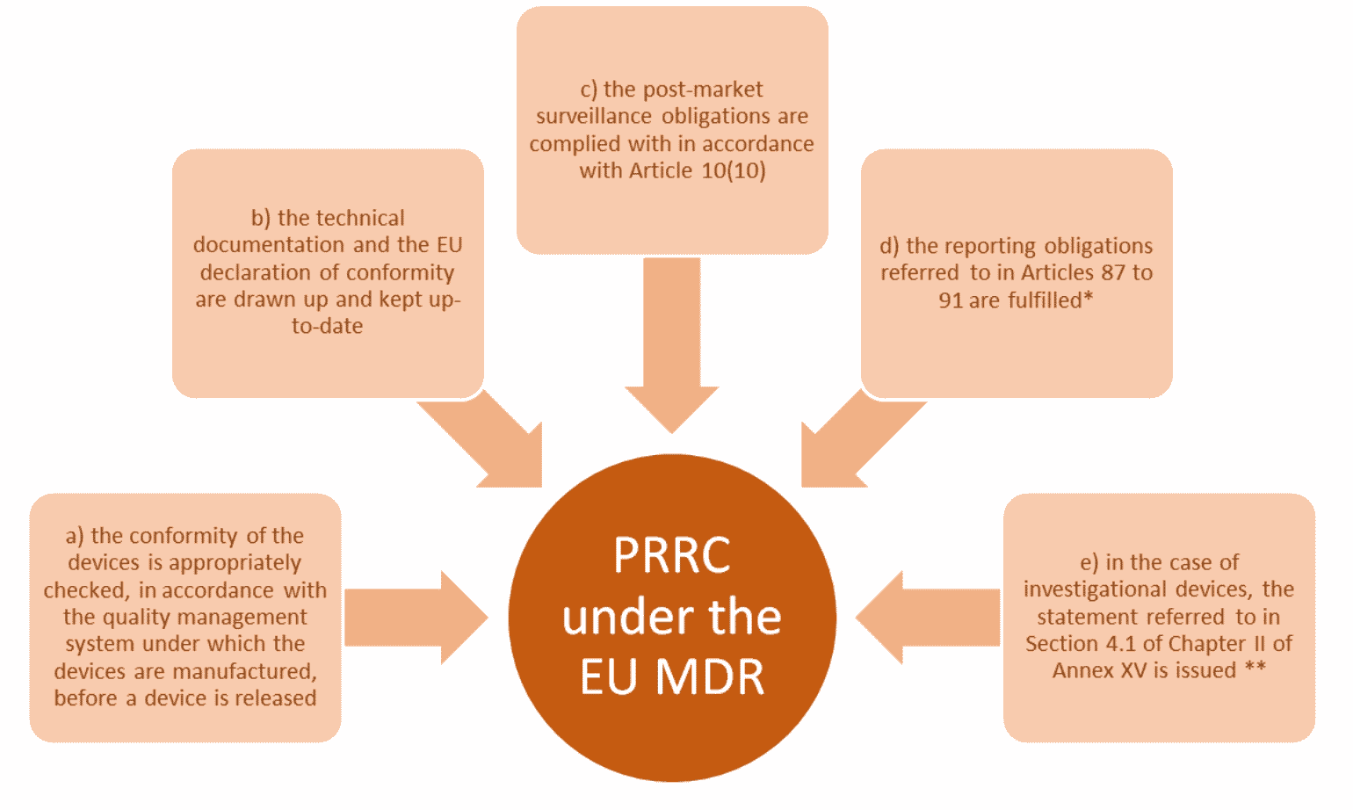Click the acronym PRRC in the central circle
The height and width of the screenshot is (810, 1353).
671,555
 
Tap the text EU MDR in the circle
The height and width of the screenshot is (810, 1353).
671,677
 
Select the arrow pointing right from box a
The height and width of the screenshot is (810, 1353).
413,618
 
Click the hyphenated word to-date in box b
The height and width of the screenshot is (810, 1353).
328,326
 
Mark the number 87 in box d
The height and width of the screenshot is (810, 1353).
1112,272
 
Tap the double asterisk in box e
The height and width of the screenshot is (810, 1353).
1255,669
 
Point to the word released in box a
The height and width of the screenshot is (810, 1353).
276,698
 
